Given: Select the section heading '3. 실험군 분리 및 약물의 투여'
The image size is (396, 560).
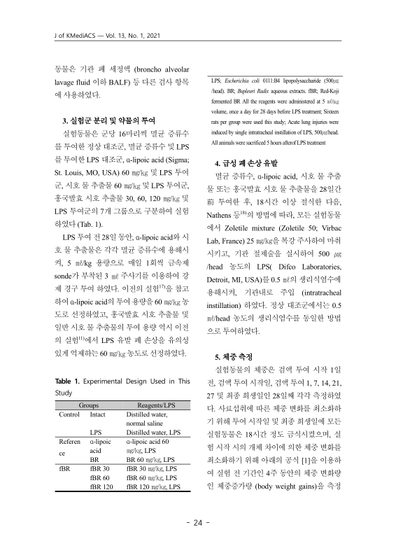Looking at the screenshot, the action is pos(109,120).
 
